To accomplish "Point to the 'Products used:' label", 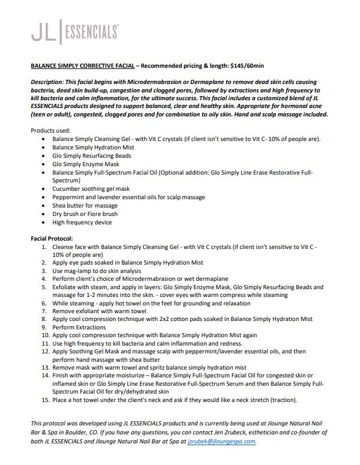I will pos(51,130).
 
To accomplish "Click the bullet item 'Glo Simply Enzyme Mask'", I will pos(85,164).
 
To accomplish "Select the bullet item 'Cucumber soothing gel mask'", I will pos(91,188).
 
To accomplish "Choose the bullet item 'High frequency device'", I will pos(82,222).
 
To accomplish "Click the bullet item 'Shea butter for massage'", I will pos(85,205).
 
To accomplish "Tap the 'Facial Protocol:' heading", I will pos(52,238).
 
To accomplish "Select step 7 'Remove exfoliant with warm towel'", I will pos(99,312).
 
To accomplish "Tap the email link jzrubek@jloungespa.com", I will pos(221,441).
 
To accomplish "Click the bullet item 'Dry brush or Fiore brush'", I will pos(85,214).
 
